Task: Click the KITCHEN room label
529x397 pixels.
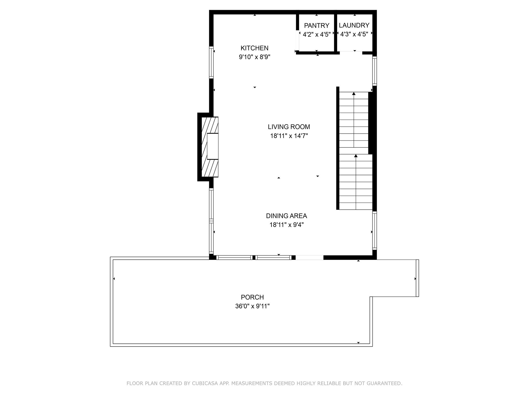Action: (254, 48)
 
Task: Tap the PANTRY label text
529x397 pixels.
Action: (316, 26)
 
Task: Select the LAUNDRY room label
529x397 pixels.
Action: (354, 25)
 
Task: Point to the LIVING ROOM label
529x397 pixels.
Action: (289, 127)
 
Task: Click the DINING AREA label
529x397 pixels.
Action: (286, 216)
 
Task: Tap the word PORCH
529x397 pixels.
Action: (252, 297)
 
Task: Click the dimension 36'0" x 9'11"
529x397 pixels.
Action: (252, 306)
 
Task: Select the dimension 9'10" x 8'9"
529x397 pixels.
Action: (254, 57)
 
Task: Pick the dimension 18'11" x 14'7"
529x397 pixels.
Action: (289, 136)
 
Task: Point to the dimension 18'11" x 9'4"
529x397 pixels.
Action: (286, 225)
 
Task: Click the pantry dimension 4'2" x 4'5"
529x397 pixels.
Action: (316, 34)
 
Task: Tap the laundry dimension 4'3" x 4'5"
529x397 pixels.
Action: (354, 34)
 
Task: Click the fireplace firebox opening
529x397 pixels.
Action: (213, 146)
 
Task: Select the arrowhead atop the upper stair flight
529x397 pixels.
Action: (354, 94)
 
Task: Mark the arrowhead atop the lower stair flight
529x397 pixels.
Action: (356, 156)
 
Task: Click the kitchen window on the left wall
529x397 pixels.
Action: (211, 62)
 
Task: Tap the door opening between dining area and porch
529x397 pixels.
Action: (309, 257)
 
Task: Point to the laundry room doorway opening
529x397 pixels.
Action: (351, 53)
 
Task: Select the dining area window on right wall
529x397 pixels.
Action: (374, 231)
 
